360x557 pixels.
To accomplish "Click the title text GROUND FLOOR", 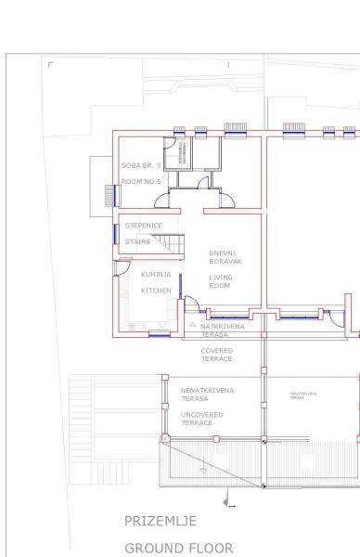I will pos(179,548).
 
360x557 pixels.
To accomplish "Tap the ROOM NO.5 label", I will pos(142,182).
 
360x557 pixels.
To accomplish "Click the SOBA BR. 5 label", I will pos(142,166).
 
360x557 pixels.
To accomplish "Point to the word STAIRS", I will pos(137,241).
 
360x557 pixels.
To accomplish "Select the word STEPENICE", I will pos(144,226).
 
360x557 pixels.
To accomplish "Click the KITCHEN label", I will pos(155,291).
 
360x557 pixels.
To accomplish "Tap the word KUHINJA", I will pos(155,275).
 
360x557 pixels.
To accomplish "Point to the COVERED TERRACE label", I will pos(216,355).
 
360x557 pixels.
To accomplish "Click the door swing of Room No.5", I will pos(161,201).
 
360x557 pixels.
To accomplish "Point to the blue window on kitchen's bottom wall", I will pos(159,333).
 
